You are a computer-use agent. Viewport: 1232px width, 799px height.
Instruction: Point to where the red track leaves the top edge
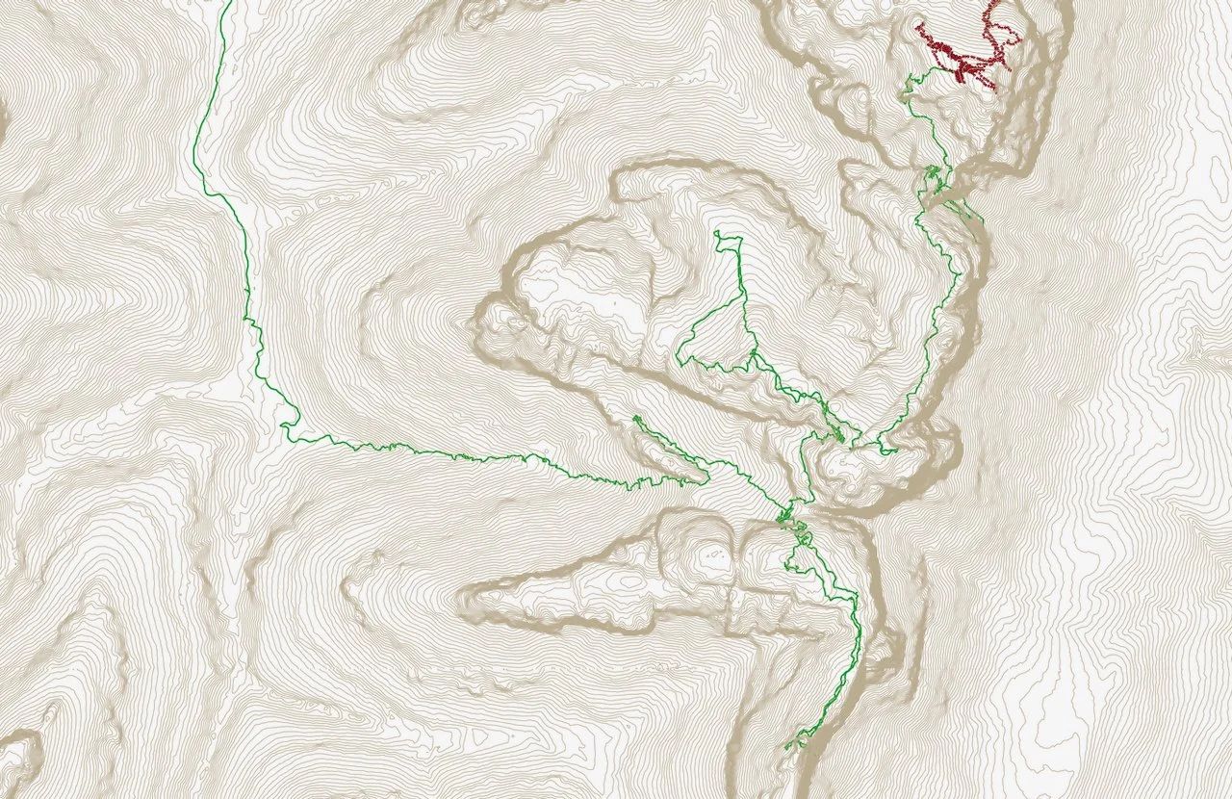pyautogui.click(x=991, y=3)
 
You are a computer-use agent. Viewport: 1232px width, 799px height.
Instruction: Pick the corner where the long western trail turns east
pyautogui.click(x=286, y=424)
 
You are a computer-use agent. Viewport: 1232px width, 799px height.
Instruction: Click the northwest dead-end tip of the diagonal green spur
pyautogui.click(x=635, y=417)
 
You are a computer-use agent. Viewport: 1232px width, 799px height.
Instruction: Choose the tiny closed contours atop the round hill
pyautogui.click(x=713, y=554)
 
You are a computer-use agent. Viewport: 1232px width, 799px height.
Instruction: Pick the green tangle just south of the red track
pyautogui.click(x=932, y=178)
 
